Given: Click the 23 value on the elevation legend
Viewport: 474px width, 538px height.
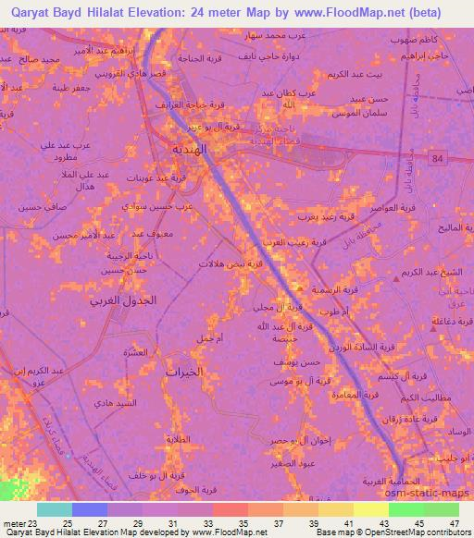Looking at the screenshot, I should click(x=36, y=523).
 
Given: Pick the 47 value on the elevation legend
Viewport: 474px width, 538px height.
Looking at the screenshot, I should click(x=453, y=523).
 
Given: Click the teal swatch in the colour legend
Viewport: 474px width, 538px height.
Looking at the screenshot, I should click(x=55, y=509).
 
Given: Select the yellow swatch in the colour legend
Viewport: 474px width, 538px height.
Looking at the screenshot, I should click(x=370, y=509).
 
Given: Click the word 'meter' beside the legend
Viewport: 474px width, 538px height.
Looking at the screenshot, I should click(x=13, y=523).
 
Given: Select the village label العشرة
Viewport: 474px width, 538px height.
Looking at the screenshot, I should click(x=136, y=352).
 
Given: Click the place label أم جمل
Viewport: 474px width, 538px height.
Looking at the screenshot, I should click(x=209, y=339).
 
